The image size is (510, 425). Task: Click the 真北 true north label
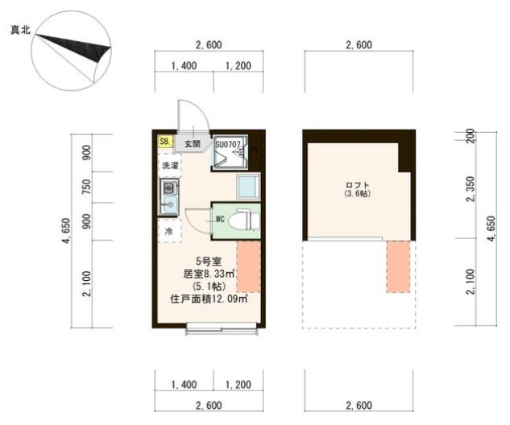[x=21, y=31]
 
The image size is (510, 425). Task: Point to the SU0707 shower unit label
[x=228, y=143]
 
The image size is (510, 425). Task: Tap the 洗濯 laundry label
[x=169, y=165]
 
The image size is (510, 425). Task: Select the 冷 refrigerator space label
[x=169, y=231]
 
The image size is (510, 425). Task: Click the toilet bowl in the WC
[x=242, y=219]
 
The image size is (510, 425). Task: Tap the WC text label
[x=219, y=219]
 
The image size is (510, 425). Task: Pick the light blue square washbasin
[x=247, y=187]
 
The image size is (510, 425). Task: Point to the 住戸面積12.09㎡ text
[x=209, y=299]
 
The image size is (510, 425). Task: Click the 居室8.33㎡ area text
[x=209, y=274]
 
